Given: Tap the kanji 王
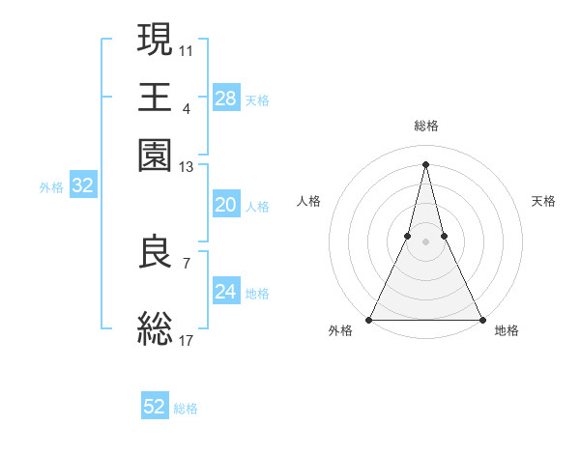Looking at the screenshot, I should pos(156,97).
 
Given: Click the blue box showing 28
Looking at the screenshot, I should pos(226,99).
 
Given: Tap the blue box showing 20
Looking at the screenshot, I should pos(226,205).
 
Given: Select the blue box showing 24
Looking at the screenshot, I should pos(226,292).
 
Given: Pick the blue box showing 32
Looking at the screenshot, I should pos(82,186).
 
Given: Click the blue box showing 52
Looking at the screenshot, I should pos(155,407).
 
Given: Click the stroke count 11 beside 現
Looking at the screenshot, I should pos(187,50).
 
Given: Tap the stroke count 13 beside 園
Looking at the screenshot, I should pos(187,167).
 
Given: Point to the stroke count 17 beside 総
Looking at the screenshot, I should pos(187,340).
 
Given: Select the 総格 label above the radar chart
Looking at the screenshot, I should pos(426,126).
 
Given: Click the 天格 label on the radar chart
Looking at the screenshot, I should pos(544,201).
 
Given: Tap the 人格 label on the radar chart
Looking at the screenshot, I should pos(308,201).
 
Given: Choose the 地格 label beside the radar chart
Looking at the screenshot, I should pos(507,330).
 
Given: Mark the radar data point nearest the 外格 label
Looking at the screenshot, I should pos(369,319).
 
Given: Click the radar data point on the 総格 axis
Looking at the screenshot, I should pos(426,163).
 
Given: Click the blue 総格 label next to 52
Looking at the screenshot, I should pos(186,408).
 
